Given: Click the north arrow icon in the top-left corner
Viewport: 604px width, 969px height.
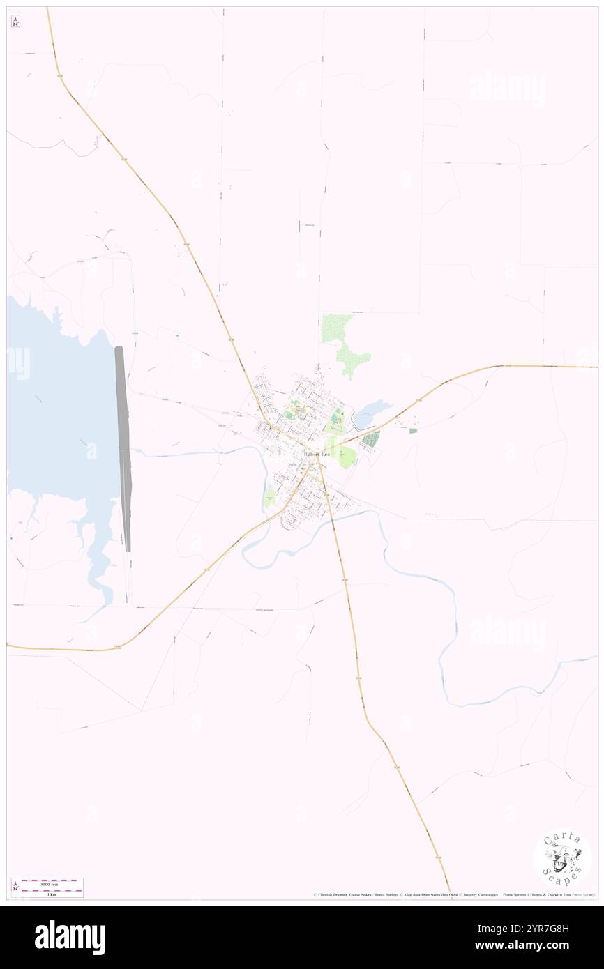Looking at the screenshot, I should (x=15, y=22).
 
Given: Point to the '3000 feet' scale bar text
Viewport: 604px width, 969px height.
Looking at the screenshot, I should (x=47, y=883).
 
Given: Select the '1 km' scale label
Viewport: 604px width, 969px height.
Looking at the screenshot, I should (x=47, y=894).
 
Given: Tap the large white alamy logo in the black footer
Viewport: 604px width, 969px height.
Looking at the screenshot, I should (x=70, y=938).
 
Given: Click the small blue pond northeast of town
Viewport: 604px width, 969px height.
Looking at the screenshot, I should (x=365, y=416).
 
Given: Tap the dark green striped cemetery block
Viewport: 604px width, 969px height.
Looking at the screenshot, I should (x=371, y=438).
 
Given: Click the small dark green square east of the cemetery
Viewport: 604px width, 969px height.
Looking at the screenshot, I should (x=412, y=431).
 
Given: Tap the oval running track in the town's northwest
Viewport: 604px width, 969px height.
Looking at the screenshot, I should (x=289, y=415).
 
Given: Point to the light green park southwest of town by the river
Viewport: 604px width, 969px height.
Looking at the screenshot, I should (x=270, y=496).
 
